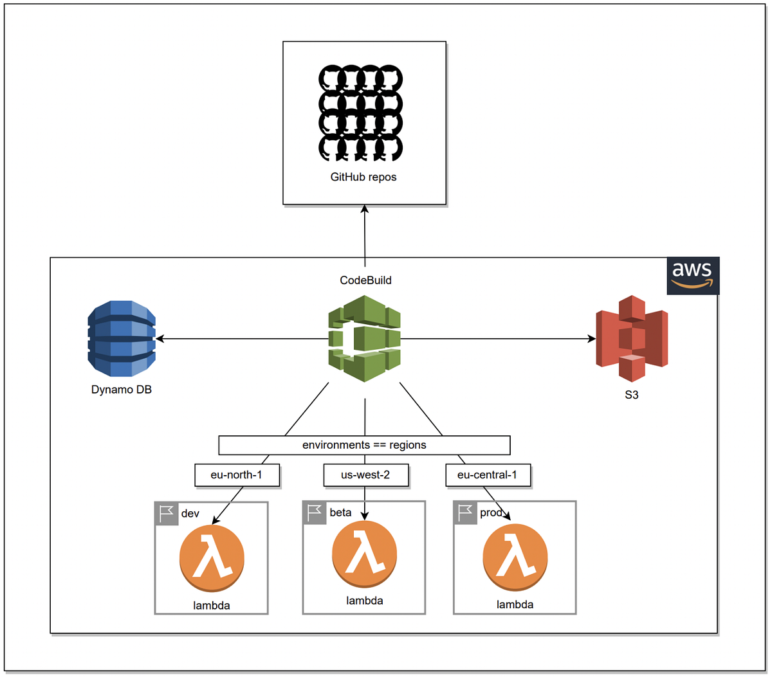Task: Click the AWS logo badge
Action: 692,276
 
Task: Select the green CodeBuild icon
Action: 364,338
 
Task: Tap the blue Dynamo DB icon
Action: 122,338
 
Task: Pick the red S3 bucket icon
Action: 632,338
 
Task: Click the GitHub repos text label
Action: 363,177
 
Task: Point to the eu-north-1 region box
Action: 237,475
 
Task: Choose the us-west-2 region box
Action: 365,475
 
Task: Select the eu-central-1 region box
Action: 488,475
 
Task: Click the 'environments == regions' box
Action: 364,445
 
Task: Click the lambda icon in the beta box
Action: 364,554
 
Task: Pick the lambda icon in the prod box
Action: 515,557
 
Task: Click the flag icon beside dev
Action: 167,514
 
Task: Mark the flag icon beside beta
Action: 315,512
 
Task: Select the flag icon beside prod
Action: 465,512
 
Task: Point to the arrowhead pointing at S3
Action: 591,339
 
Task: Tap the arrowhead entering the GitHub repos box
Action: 364,210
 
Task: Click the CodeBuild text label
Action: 365,280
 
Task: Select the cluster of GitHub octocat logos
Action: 361,113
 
